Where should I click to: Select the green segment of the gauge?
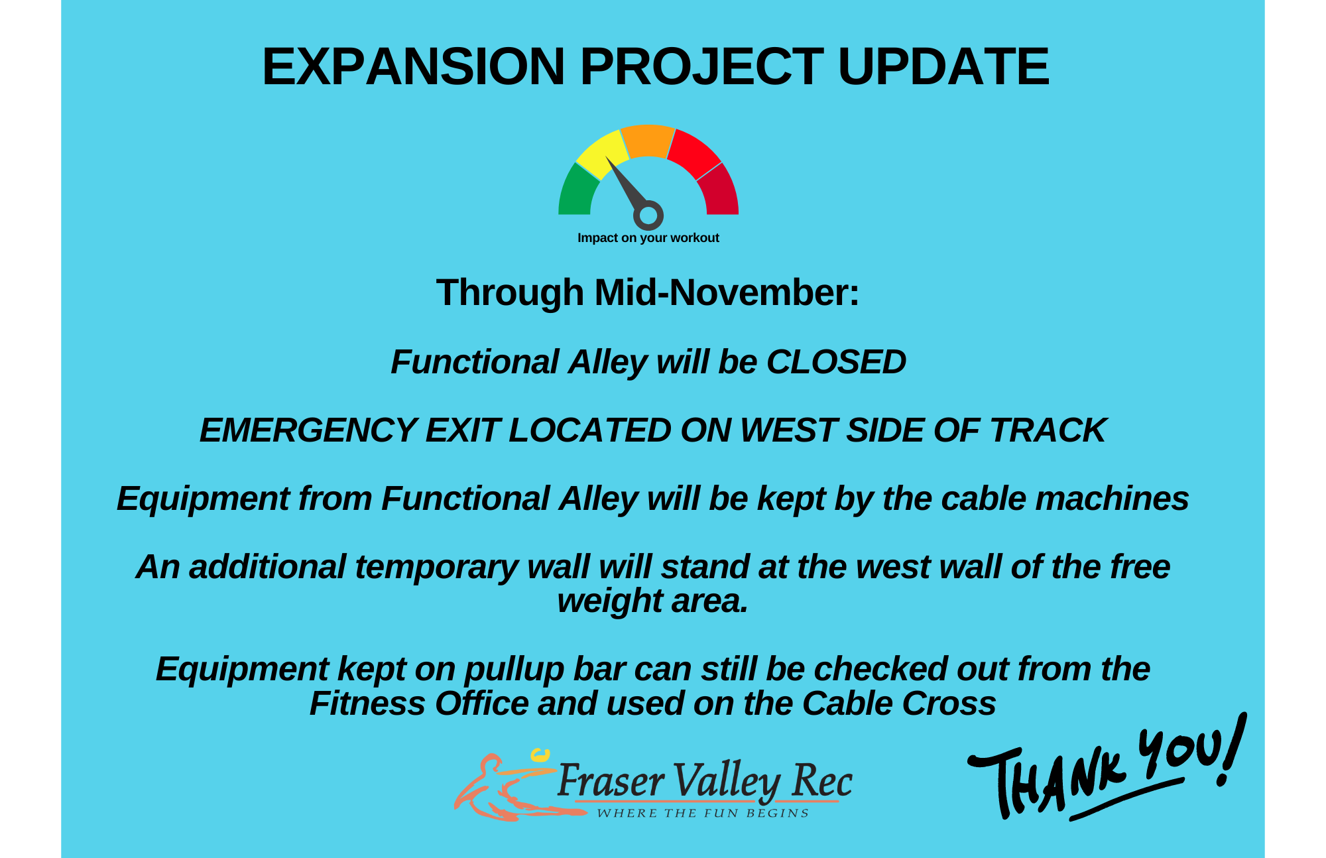[576, 192]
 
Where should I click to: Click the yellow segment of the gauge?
[601, 152]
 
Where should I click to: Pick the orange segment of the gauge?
[648, 141]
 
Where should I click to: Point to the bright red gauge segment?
[693, 152]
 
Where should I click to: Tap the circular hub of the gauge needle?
[648, 215]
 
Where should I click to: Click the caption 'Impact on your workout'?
[648, 238]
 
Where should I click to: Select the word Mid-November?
[727, 292]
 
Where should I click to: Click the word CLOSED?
[836, 362]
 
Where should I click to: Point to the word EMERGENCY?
[308, 430]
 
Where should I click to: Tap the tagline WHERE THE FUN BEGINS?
[702, 814]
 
